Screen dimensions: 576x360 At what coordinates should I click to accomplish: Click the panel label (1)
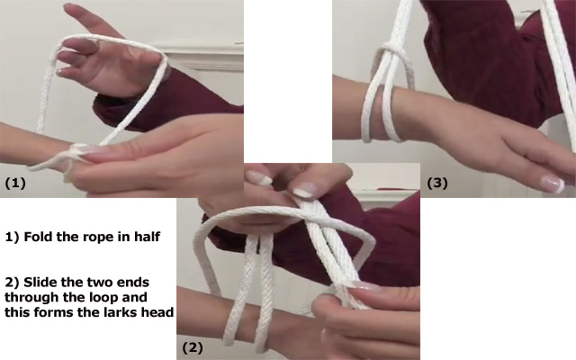[15, 183]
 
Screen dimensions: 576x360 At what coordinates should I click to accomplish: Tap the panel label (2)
[193, 347]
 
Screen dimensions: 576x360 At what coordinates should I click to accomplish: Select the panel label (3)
[437, 183]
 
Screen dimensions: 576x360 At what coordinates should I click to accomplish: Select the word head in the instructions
[157, 312]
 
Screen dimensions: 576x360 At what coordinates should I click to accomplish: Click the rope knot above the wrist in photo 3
[392, 49]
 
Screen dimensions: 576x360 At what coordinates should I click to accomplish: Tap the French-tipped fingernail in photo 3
[552, 184]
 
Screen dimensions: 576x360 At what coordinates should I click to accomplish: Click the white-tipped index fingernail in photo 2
[304, 191]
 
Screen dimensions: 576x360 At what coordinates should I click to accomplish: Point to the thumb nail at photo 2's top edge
[260, 177]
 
